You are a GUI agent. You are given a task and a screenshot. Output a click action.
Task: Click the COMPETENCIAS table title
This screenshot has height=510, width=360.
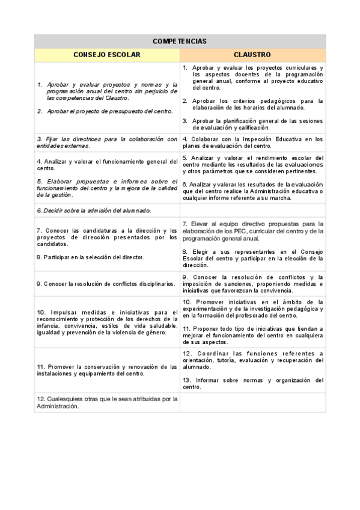pyautogui.click(x=180, y=41)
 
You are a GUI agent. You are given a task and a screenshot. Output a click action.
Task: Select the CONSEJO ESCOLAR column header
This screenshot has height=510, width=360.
pyautogui.click(x=107, y=55)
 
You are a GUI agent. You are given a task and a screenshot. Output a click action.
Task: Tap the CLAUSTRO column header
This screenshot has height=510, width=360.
pyautogui.click(x=252, y=55)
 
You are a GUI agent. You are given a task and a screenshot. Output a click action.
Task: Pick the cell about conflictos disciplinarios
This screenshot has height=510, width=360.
pyautogui.click(x=106, y=283)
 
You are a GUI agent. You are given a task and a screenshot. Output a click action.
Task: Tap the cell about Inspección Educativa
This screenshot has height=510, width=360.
pyautogui.click(x=252, y=143)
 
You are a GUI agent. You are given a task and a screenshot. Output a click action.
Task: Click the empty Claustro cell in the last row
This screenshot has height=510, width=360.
pyautogui.click(x=252, y=402)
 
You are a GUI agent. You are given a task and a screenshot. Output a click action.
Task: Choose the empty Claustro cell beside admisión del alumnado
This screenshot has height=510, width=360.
pyautogui.click(x=252, y=210)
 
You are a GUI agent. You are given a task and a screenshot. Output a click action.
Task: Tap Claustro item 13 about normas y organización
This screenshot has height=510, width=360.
pyautogui.click(x=252, y=383)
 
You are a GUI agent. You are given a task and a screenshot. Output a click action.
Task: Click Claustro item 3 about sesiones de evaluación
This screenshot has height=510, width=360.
pyautogui.click(x=252, y=124)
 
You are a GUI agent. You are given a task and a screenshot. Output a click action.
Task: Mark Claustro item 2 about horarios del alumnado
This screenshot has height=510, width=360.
pyautogui.click(x=252, y=104)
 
